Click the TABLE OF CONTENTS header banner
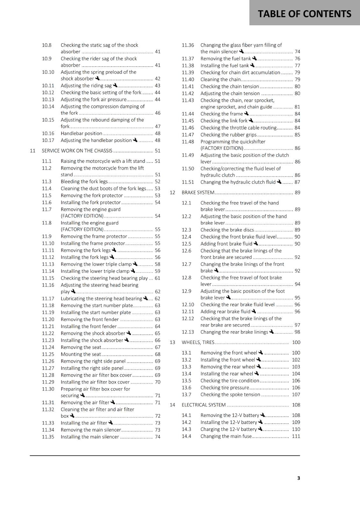304,13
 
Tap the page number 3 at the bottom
299,478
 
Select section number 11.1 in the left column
47,161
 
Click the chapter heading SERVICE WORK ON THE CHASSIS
77,150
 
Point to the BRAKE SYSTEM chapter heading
198,192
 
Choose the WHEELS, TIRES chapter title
198,342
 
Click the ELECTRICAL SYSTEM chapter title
204,404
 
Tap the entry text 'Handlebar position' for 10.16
82,133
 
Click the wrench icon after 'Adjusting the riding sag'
115,85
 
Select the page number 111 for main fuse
296,436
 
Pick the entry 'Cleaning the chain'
220,79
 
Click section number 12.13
188,332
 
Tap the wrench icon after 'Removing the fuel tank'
255,58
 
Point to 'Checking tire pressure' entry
225,388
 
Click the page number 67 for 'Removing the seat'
158,347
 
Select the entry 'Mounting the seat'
81,354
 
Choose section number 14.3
186,429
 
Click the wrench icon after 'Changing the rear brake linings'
271,331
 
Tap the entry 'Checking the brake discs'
227,229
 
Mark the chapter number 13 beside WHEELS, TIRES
172,342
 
